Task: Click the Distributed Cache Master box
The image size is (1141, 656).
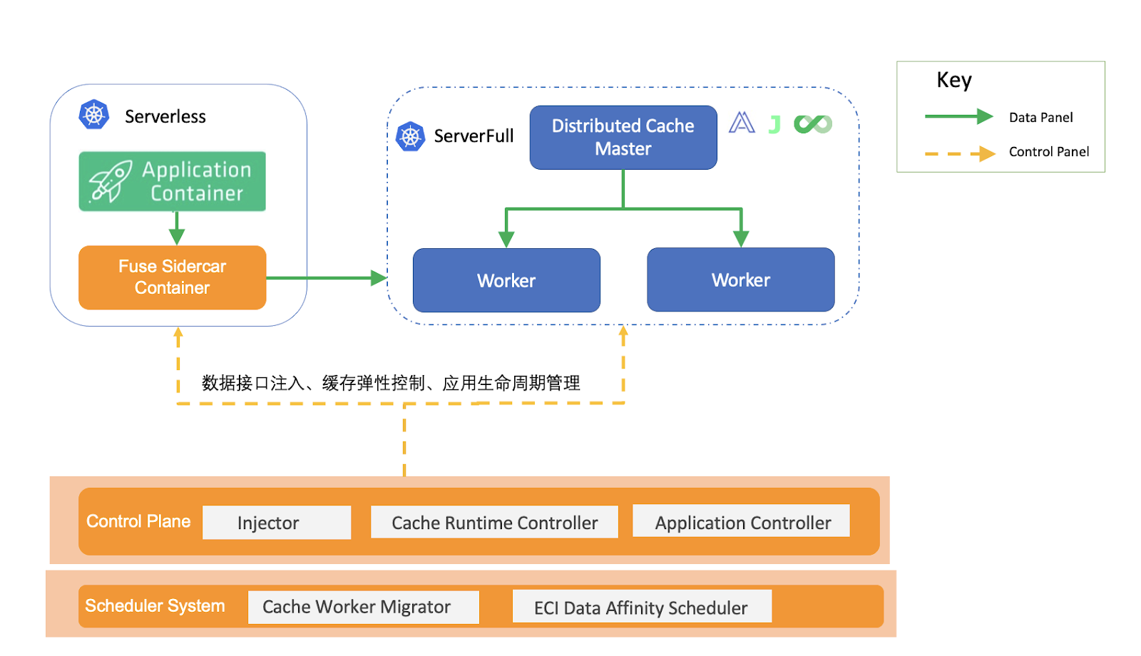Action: point(623,137)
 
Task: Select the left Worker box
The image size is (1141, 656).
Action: point(506,280)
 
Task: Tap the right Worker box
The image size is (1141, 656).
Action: point(740,280)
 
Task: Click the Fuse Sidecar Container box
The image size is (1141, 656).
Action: point(172,277)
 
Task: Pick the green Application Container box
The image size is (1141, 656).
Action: point(172,181)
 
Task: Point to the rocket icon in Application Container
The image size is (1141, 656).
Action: point(110,181)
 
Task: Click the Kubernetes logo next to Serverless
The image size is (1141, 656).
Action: point(93,115)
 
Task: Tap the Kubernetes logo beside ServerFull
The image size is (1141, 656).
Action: point(410,136)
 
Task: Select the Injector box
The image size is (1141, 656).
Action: point(276,523)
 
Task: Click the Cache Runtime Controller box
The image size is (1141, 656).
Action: point(494,523)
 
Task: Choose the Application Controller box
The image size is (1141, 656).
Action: point(742,522)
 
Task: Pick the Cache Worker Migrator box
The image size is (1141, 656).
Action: point(363,607)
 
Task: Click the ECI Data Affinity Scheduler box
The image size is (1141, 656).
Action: point(641,607)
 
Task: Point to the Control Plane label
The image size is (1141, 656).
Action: point(138,521)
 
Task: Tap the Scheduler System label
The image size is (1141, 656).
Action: point(155,605)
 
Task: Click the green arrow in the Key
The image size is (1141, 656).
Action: point(958,116)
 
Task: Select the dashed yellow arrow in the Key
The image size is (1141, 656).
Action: point(959,153)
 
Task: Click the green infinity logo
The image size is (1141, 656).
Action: point(813,124)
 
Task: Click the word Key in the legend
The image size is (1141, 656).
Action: point(953,80)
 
